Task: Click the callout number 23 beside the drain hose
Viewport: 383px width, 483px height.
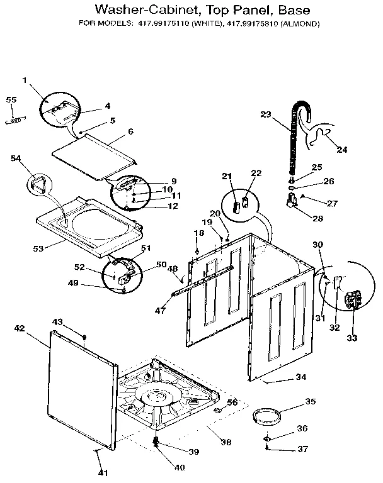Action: click(x=265, y=114)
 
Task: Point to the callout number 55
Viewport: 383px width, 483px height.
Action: click(x=11, y=100)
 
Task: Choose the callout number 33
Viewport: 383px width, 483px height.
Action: click(x=352, y=338)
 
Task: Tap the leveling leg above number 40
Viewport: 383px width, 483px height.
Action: click(x=156, y=443)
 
